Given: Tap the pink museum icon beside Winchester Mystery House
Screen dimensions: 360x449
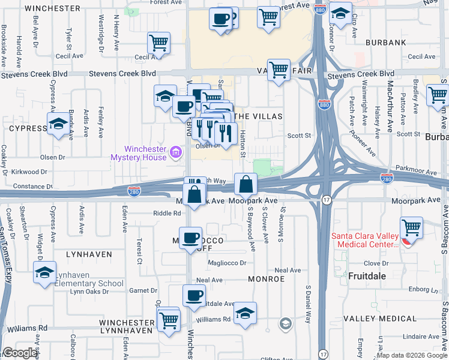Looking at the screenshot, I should [175, 153].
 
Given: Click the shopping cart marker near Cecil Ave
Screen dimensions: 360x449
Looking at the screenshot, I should [158, 43].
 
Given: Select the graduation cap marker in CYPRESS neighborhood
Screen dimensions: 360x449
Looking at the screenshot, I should [58, 124].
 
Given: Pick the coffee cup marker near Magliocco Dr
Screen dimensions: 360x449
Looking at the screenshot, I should [191, 237].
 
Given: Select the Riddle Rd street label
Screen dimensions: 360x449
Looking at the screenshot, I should [167, 213].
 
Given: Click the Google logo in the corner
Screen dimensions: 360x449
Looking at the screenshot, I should [20, 353].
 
